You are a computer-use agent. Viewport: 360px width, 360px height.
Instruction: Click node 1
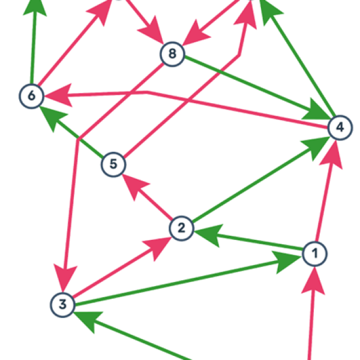pos(314,254)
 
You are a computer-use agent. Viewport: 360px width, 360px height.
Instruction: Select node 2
pos(181,228)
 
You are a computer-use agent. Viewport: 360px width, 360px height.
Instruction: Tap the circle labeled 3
pos(62,304)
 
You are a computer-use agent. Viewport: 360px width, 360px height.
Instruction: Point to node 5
pos(113,164)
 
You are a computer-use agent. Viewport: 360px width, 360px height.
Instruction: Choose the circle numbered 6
pos(31,95)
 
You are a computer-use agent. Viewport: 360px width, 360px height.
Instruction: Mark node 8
pos(172,55)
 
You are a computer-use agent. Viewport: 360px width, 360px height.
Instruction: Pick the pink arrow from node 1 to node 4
pos(324,198)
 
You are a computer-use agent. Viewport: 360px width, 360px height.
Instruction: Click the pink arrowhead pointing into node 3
pos(64,280)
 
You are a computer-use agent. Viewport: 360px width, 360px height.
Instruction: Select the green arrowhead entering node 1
pos(289,259)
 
